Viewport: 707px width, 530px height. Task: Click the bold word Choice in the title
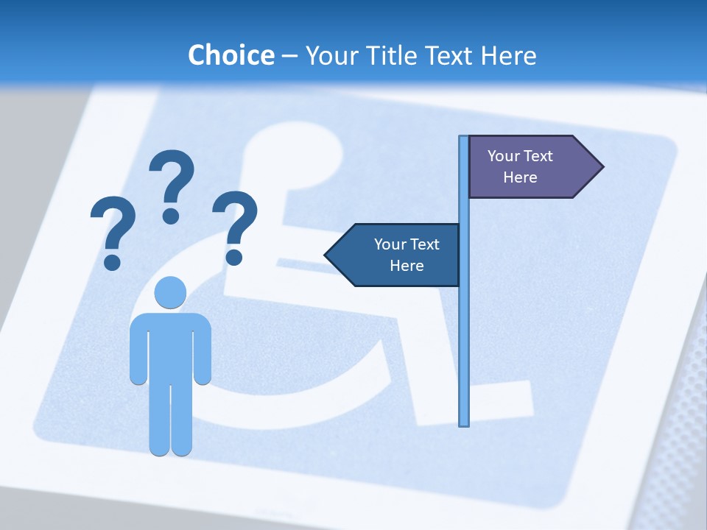(x=231, y=55)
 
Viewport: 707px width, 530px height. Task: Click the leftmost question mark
(x=113, y=225)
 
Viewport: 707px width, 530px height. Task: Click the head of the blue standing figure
(x=170, y=293)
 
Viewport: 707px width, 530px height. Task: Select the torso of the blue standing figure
(x=170, y=346)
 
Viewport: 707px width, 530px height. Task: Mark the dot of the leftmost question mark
(x=112, y=261)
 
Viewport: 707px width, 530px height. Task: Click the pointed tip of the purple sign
(x=602, y=167)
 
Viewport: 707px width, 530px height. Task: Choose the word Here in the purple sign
(x=520, y=177)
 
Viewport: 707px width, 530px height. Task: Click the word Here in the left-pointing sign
(x=407, y=266)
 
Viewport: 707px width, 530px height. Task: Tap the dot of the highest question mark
(x=171, y=215)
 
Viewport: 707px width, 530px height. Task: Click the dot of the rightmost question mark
(x=234, y=256)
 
